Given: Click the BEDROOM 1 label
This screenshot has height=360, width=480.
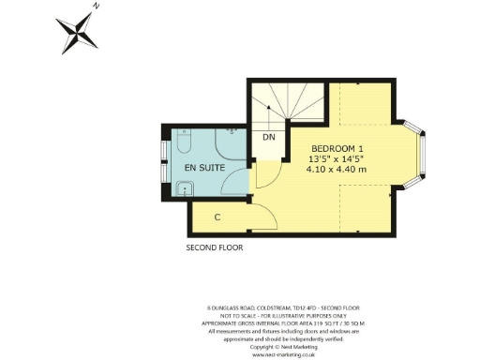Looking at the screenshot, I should [337, 149].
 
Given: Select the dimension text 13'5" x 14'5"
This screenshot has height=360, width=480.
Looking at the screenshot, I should [337, 159].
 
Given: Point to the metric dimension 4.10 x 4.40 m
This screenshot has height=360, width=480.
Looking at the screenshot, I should [337, 170].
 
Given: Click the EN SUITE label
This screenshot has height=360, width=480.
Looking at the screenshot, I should [203, 168].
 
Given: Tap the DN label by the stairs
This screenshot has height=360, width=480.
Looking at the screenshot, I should [268, 138].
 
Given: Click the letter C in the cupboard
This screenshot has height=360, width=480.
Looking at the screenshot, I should [217, 217].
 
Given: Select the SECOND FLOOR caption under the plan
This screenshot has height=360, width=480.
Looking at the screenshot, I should [215, 248].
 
